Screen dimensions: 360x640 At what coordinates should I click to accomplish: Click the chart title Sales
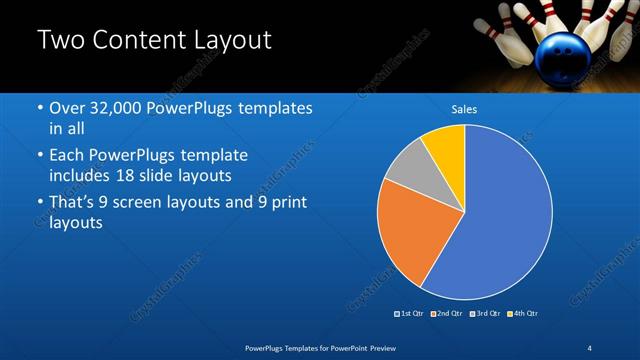(x=464, y=109)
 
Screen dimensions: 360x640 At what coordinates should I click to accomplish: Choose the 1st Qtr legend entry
(x=408, y=314)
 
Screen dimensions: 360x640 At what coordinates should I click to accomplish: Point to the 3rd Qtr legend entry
(x=485, y=314)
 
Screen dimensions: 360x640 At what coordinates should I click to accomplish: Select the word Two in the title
(x=58, y=41)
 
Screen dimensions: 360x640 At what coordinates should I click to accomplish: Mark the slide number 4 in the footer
(x=590, y=347)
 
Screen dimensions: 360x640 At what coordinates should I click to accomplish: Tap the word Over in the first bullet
(x=69, y=108)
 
